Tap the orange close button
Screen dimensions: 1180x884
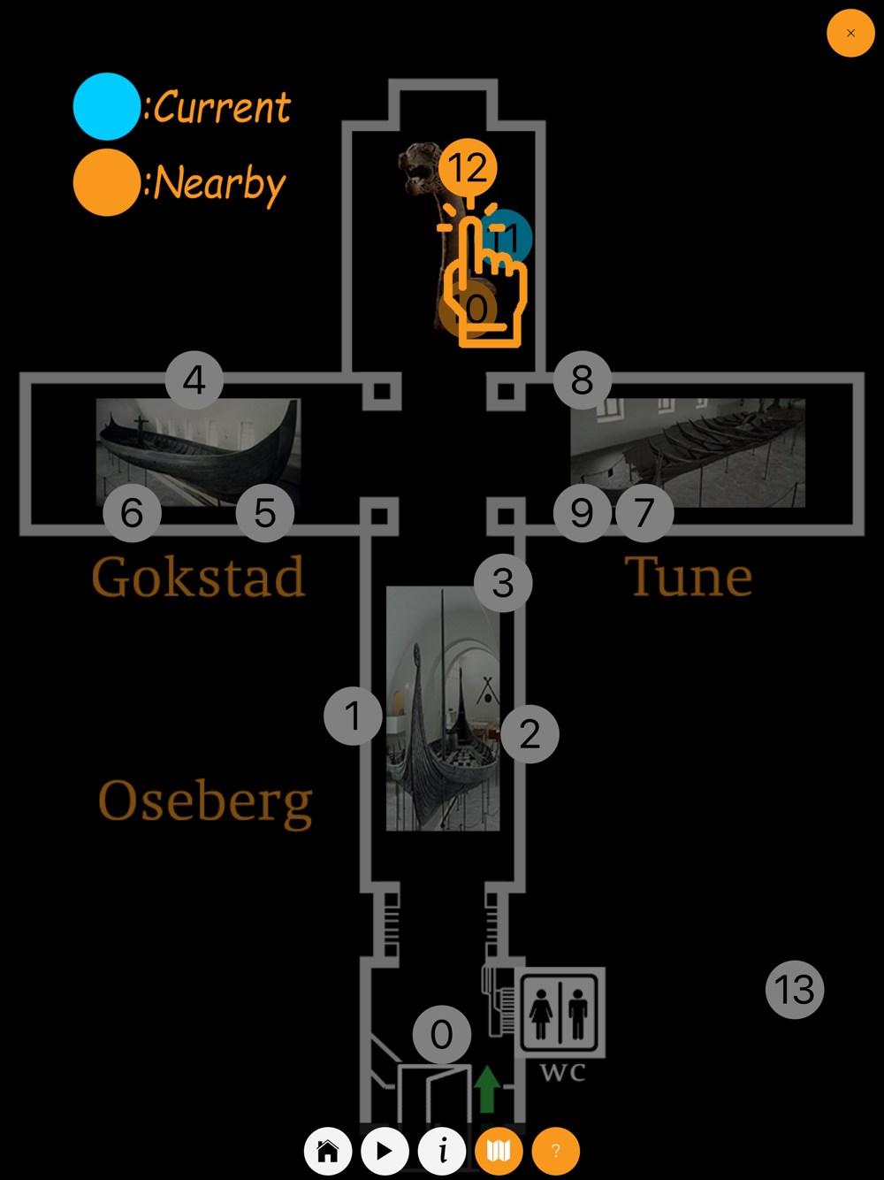pos(850,34)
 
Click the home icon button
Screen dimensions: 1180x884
pos(328,1151)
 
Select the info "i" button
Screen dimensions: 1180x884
pos(442,1151)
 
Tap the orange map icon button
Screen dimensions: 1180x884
pos(499,1151)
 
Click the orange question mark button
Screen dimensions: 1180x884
pos(555,1151)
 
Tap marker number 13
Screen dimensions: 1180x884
pos(795,990)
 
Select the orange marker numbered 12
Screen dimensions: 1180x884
pos(468,167)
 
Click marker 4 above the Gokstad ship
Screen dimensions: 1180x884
pos(194,380)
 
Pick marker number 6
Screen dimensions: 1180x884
pos(132,513)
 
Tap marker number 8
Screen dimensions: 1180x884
pos(582,380)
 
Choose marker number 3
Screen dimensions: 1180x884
pos(503,583)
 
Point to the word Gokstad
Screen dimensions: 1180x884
pos(199,578)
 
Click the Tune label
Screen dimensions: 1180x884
pos(689,578)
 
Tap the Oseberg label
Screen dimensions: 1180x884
pos(205,801)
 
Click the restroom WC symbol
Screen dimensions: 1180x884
pos(560,1012)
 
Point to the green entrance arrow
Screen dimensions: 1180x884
pos(487,1088)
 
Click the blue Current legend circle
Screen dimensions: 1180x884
pos(107,106)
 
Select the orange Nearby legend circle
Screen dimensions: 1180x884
pos(107,183)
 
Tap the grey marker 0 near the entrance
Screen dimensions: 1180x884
pos(442,1034)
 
